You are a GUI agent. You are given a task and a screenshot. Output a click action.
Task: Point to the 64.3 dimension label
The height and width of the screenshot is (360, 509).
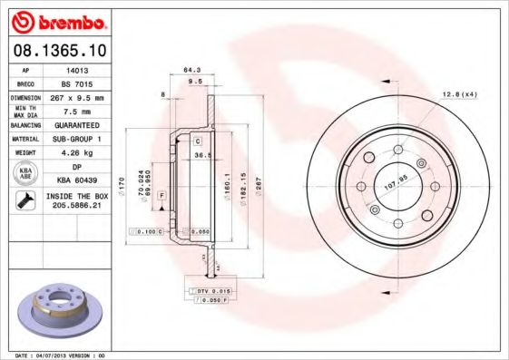pos(191,70)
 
